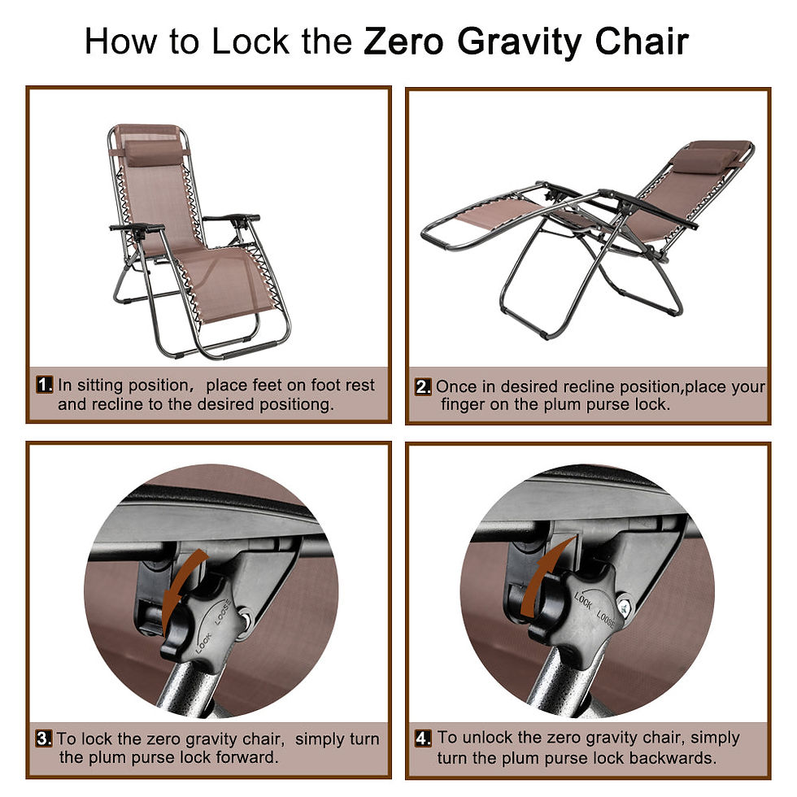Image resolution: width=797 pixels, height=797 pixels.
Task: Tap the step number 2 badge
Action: tap(423, 387)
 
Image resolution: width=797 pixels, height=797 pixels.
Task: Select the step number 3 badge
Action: tap(44, 739)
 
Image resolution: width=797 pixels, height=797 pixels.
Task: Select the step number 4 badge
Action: tap(423, 738)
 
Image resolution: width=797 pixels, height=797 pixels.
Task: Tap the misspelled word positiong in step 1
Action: tap(294, 404)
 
